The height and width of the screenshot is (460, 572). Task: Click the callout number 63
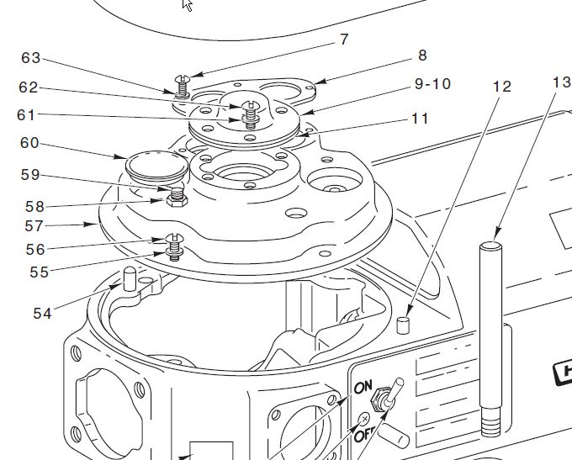30,58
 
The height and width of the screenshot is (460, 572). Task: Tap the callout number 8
422,56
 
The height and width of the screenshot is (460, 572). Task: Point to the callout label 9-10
432,84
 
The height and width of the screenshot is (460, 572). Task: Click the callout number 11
421,119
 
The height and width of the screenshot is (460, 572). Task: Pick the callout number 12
502,86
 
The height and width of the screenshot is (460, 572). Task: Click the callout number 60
30,143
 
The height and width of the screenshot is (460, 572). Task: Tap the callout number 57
34,226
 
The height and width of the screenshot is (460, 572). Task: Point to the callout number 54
42,314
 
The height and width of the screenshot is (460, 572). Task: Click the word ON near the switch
363,388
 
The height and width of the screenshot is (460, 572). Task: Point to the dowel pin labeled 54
129,278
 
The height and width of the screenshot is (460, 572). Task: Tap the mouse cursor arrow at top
187,5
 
